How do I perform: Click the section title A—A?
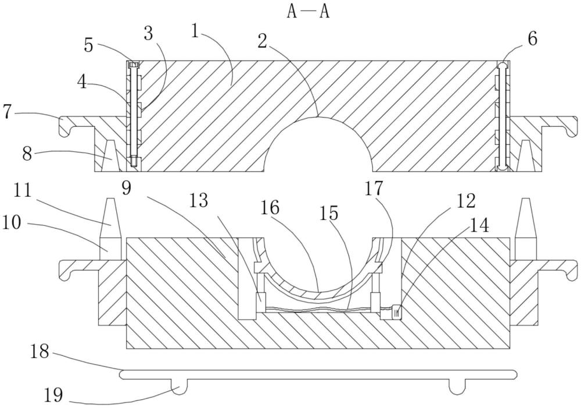click(309, 12)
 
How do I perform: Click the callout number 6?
click(532, 39)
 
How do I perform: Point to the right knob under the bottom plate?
click(458, 386)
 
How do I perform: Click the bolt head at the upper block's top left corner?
click(132, 65)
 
